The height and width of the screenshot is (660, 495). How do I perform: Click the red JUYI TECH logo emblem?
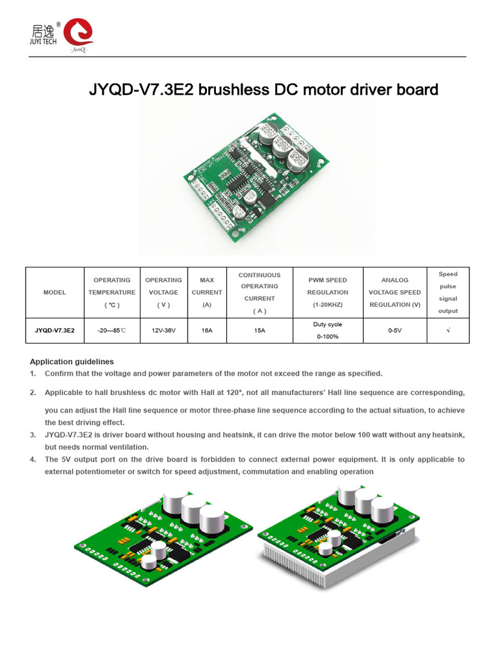click(78, 33)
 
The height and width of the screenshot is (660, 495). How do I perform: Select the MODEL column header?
click(55, 293)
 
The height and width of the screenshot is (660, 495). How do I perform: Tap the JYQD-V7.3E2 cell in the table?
click(55, 330)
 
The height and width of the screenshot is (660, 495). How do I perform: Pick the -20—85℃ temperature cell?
click(112, 330)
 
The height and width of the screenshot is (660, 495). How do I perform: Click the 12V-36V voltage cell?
click(164, 330)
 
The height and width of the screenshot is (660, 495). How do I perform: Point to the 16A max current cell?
click(207, 330)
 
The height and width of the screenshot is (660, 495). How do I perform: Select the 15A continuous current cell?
click(259, 330)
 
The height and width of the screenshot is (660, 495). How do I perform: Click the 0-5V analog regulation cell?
click(394, 330)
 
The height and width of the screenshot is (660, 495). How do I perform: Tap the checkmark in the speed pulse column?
click(448, 330)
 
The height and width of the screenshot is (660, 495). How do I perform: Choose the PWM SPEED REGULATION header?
click(327, 293)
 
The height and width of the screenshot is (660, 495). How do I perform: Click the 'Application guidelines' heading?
click(72, 362)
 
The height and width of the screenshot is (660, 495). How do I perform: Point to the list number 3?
click(33, 435)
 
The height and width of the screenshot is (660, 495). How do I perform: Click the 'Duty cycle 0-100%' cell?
click(327, 330)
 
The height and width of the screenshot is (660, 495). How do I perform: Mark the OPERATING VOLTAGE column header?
click(164, 293)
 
